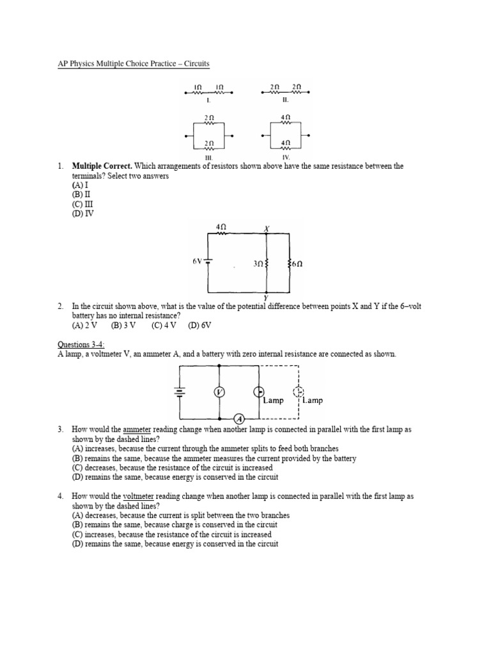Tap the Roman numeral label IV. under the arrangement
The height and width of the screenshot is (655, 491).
tap(285, 157)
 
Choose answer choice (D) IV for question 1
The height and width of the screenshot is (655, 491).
tap(83, 214)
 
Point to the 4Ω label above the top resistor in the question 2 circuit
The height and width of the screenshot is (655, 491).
tap(221, 226)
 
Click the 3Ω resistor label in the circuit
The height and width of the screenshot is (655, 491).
tap(257, 264)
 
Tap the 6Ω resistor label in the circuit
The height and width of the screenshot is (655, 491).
tap(297, 264)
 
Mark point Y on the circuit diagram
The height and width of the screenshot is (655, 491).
tap(265, 298)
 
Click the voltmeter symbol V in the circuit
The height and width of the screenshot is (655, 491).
tap(219, 391)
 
